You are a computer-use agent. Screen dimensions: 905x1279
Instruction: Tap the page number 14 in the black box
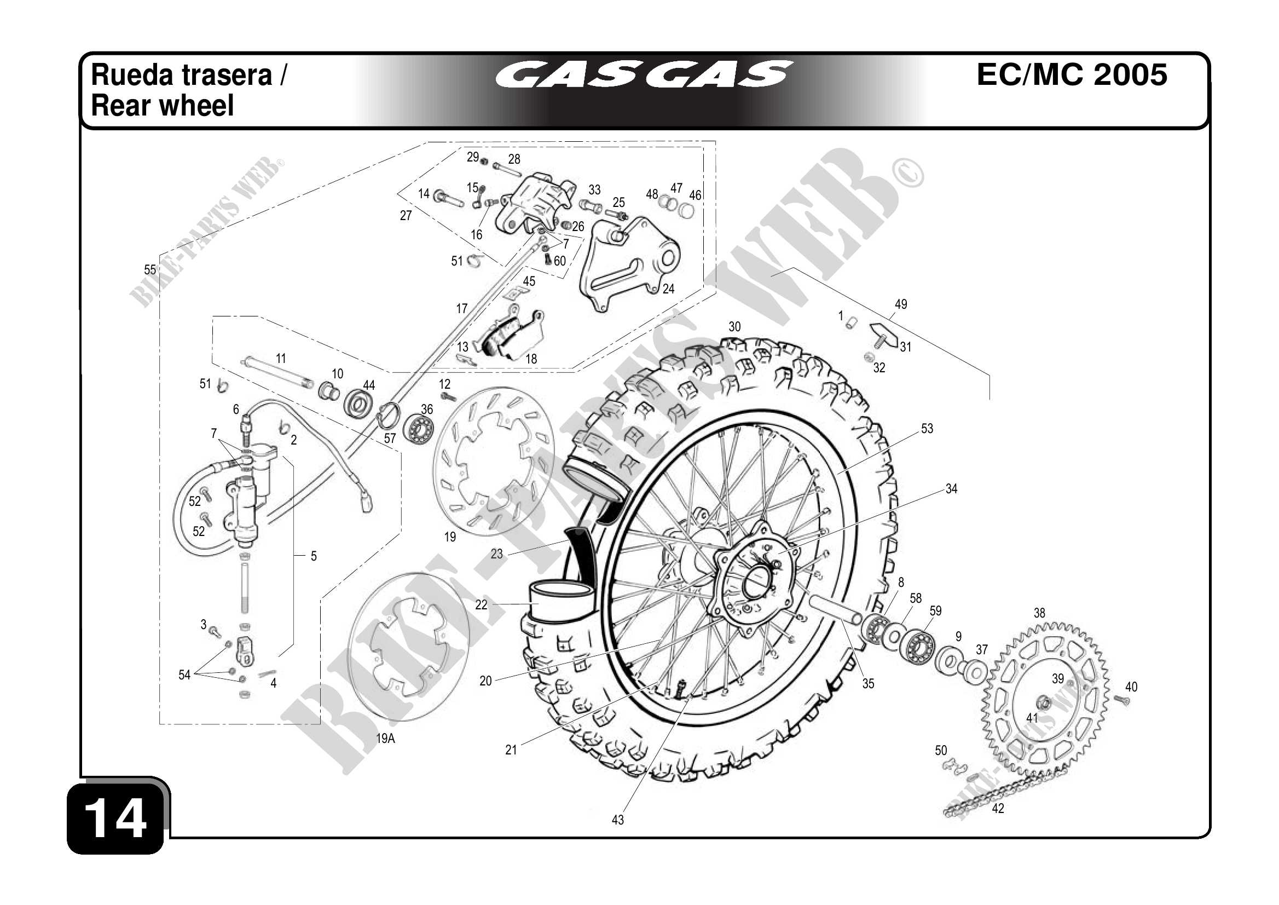pyautogui.click(x=117, y=818)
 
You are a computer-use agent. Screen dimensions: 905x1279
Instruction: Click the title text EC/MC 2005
pyautogui.click(x=1072, y=74)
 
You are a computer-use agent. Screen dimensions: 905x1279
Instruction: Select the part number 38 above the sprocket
pyautogui.click(x=1039, y=613)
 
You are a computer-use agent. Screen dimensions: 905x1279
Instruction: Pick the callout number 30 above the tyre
pyautogui.click(x=735, y=327)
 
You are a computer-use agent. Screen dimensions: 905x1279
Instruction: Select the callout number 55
pyautogui.click(x=150, y=270)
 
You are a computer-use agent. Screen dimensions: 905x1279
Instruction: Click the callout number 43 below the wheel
pyautogui.click(x=618, y=820)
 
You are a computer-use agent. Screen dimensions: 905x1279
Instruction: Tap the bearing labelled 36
pyautogui.click(x=418, y=429)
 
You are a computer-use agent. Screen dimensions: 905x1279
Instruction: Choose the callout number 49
pyautogui.click(x=901, y=304)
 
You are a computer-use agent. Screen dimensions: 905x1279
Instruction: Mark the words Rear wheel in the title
pyautogui.click(x=162, y=106)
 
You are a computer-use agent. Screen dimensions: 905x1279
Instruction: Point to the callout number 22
pyautogui.click(x=481, y=604)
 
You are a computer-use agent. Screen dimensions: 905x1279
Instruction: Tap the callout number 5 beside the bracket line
pyautogui.click(x=314, y=556)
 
